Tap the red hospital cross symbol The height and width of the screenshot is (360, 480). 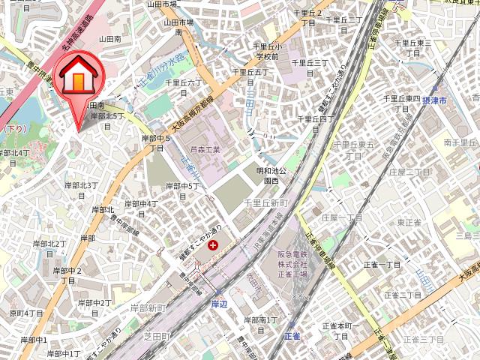pos(214,245)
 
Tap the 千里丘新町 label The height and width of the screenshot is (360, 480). pos(266,203)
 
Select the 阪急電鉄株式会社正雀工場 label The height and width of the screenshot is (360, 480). pos(290,264)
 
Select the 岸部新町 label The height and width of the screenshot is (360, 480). pos(147,308)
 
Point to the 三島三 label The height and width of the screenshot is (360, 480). pos(466,236)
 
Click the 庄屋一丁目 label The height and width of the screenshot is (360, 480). pos(341,217)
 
